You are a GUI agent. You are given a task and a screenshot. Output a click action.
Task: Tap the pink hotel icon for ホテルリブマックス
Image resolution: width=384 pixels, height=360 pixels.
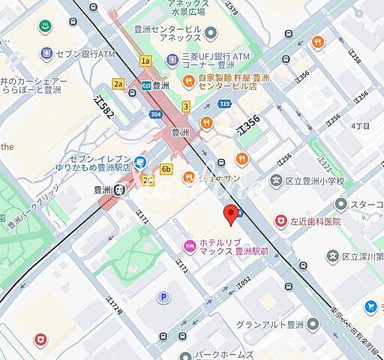coord(190,245)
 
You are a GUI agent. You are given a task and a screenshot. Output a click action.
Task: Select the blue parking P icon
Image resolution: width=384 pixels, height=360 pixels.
coord(160,298)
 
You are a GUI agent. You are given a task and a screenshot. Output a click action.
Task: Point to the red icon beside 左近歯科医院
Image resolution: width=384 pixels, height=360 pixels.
coord(280,221)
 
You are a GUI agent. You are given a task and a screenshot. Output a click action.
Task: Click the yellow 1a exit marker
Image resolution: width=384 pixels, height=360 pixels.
coord(145,61)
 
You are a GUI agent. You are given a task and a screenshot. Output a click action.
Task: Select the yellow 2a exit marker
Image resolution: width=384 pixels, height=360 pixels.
coord(118,85)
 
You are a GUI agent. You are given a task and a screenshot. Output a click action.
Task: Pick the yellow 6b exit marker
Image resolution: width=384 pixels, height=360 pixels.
coord(166,169)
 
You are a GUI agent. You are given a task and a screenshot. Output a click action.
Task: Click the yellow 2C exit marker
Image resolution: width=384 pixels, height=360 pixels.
coord(148,180)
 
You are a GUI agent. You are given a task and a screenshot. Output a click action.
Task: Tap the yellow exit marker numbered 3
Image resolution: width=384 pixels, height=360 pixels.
coord(184,106)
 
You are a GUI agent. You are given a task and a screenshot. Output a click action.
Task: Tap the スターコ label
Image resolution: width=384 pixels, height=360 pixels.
coord(367,204)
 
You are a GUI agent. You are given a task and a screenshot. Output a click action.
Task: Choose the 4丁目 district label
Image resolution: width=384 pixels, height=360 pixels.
coord(360,125)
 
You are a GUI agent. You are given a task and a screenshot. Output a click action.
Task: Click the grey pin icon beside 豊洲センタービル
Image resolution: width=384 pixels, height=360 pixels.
coord(210,33)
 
